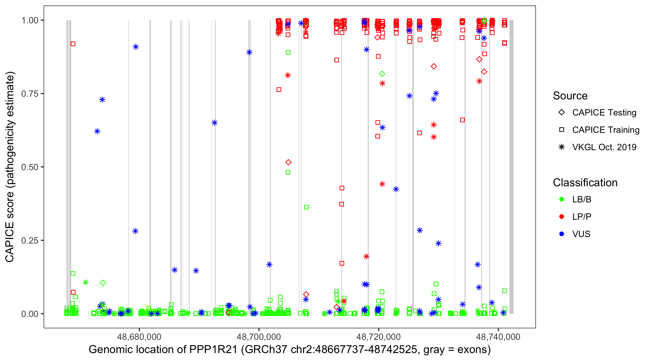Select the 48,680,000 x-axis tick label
[139, 337]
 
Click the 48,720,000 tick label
[379, 337]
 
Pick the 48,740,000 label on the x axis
[498, 337]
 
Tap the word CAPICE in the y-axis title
[10, 242]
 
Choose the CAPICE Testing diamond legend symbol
[562, 113]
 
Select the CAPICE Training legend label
[606, 130]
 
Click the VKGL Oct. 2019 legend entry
[604, 147]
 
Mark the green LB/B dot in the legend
[562, 199]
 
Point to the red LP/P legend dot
[562, 217]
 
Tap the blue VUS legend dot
[562, 234]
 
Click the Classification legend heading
[585, 183]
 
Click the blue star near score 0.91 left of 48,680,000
[136, 47]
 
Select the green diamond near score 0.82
[382, 74]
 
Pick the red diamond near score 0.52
[288, 162]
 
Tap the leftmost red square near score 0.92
[73, 44]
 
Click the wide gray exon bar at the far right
[511, 167]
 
